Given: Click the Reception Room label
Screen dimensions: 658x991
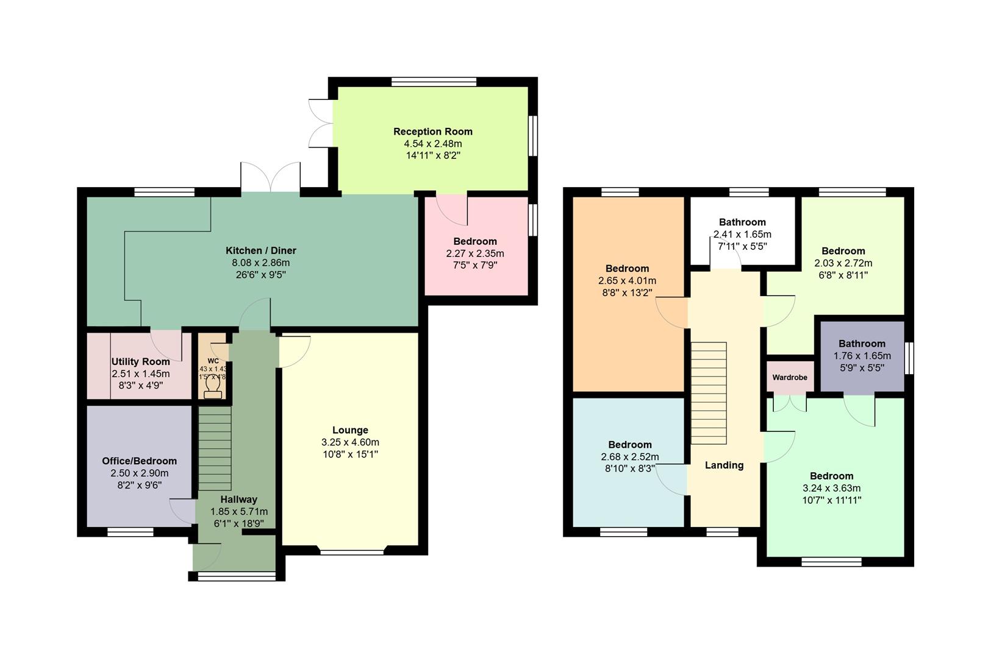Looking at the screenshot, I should coord(432,132).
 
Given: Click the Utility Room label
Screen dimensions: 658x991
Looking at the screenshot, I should coord(140,362).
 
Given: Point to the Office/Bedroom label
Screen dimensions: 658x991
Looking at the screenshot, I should coord(139,461).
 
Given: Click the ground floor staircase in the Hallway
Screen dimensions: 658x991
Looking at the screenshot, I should coord(215,448).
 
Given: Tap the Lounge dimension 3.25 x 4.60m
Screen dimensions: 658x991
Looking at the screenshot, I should coord(350,442).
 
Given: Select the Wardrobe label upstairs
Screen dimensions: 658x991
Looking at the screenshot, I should coord(789,378).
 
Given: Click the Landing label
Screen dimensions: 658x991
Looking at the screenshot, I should coord(724,465).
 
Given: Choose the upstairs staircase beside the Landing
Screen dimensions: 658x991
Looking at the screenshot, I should coord(708,393).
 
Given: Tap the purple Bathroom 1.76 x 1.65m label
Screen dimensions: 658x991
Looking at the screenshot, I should coord(861,344).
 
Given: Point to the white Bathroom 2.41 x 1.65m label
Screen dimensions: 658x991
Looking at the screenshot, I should coord(742,222).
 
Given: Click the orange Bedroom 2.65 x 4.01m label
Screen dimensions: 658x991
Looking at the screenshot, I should coord(627,269).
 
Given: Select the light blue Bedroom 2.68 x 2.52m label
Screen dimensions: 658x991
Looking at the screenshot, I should coord(629,445).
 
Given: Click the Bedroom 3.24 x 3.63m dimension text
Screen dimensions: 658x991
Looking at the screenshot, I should coord(831,488).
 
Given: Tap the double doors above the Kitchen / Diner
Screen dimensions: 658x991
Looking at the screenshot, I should coord(271,177).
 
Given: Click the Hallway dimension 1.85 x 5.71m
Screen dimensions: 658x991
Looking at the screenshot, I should coord(238,512).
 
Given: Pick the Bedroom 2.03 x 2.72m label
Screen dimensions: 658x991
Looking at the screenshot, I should coord(843,251).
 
